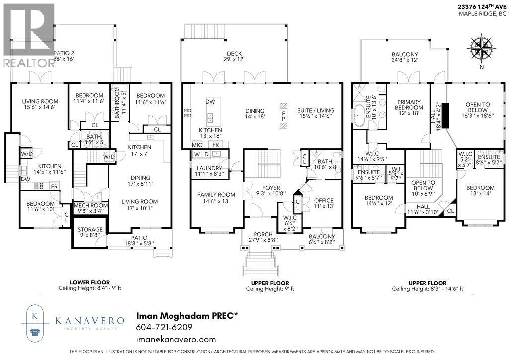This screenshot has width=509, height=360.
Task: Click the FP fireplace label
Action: point(284,116)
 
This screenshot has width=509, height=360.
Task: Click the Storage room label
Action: point(90,229)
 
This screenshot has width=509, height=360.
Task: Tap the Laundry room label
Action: point(209,168)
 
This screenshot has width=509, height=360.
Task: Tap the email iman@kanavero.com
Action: point(176,339)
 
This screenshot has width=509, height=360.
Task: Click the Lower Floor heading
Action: point(90,282)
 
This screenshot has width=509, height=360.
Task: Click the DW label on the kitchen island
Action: point(210,101)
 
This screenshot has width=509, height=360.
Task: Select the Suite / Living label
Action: point(316,110)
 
